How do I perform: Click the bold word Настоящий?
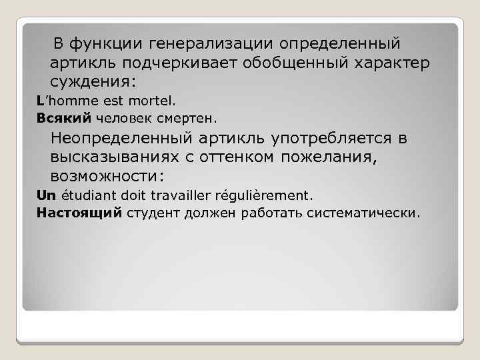pyautogui.click(x=69, y=213)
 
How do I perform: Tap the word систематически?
pyautogui.click(x=363, y=213)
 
